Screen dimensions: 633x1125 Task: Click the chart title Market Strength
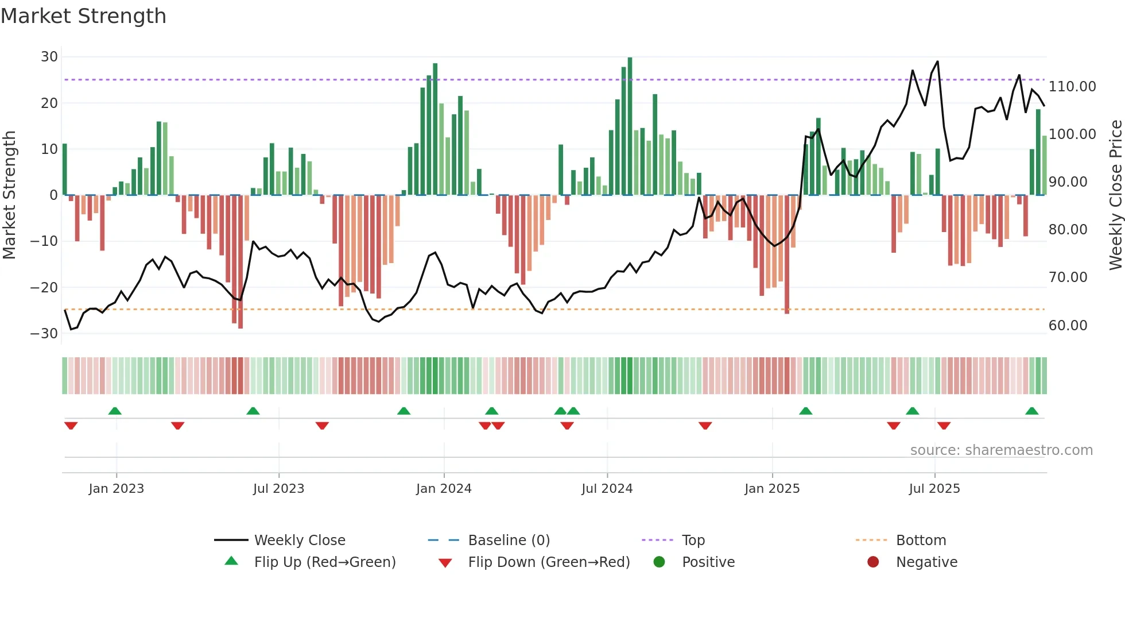pyautogui.click(x=84, y=16)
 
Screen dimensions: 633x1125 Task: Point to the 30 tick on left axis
pyautogui.click(x=49, y=57)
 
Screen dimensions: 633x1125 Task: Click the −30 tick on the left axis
pyautogui.click(x=44, y=333)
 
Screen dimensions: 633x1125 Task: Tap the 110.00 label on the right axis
pyautogui.click(x=1072, y=87)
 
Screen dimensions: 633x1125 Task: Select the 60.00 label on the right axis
pyautogui.click(x=1068, y=326)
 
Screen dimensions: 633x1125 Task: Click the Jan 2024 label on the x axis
pyautogui.click(x=444, y=489)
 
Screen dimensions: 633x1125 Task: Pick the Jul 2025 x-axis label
pyautogui.click(x=934, y=489)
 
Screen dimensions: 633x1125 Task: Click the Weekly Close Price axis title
pyautogui.click(x=1115, y=195)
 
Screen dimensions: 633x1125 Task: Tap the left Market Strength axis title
pyautogui.click(x=9, y=195)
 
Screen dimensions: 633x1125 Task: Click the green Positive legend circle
pyautogui.click(x=659, y=562)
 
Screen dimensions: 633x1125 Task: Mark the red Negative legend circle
pyautogui.click(x=873, y=562)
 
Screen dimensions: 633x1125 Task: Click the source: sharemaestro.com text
pyautogui.click(x=1001, y=450)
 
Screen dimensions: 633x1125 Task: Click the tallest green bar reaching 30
pyautogui.click(x=630, y=126)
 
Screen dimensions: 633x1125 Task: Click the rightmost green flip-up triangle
pyautogui.click(x=1031, y=411)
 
